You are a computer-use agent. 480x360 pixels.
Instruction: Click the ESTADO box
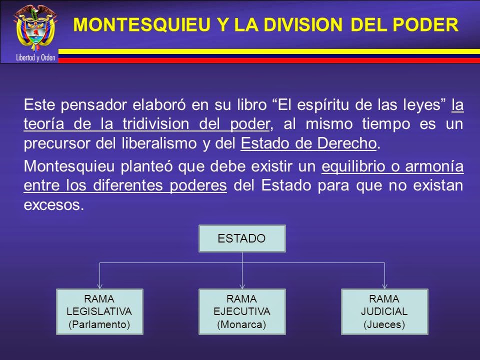tap(242, 238)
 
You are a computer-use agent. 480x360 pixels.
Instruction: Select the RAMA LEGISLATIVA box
tap(99, 311)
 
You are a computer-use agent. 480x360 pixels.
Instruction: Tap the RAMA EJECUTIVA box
tap(242, 311)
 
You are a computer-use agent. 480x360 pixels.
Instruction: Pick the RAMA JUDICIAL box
tap(384, 311)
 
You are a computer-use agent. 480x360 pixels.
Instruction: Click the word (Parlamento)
tap(99, 324)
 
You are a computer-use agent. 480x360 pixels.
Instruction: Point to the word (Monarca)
tap(242, 324)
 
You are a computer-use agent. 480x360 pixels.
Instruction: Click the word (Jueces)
tap(384, 324)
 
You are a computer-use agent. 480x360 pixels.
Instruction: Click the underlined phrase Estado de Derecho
tap(308, 143)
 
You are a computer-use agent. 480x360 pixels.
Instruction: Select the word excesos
tap(51, 205)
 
